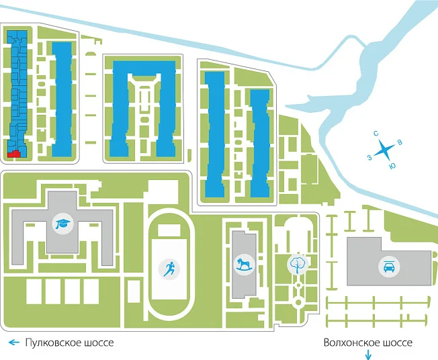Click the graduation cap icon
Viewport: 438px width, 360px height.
63,224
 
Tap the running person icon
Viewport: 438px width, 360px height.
169,269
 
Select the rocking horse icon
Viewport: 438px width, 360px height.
244,265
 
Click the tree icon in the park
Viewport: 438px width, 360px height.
297,264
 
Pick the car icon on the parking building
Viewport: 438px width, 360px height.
389,267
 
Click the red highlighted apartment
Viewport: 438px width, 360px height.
13,154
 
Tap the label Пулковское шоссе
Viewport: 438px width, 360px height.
69,343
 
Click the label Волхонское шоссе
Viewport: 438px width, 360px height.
368,343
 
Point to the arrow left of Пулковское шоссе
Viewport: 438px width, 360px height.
14,343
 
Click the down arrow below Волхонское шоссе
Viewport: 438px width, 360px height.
368,355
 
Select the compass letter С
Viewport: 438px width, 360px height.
376,134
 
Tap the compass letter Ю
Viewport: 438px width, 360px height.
392,166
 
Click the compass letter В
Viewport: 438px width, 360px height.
400,142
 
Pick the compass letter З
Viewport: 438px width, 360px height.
369,158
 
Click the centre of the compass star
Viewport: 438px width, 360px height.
384,150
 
